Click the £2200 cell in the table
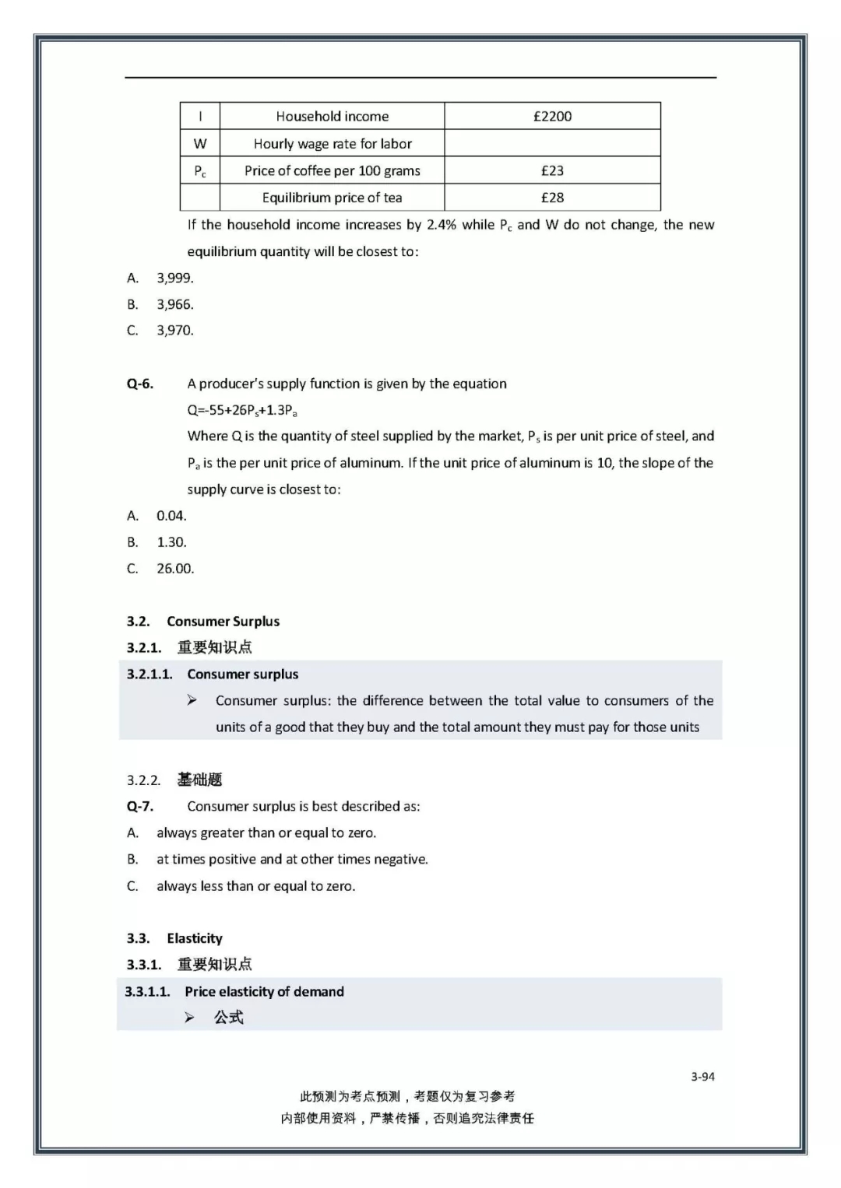(552, 116)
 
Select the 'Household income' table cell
(332, 116)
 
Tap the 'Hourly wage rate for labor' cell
(332, 143)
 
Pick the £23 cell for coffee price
(552, 170)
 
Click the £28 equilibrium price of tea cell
(552, 198)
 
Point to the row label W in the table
(200, 143)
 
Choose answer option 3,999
(174, 278)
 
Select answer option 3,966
(174, 304)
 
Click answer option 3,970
(174, 330)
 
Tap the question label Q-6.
(140, 384)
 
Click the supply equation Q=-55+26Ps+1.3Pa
(242, 410)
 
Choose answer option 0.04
(171, 515)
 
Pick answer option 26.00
(175, 568)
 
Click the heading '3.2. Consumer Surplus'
(203, 621)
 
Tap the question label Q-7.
(140, 806)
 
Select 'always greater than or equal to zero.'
(266, 832)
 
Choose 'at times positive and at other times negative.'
(292, 859)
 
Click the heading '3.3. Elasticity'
(174, 938)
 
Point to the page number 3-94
(702, 1077)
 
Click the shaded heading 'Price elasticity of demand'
(264, 991)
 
